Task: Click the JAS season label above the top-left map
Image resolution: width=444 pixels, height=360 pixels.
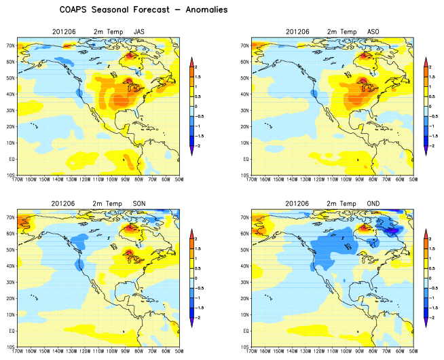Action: tap(139, 32)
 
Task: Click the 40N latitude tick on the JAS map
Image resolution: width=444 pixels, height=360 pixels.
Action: tap(10, 94)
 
